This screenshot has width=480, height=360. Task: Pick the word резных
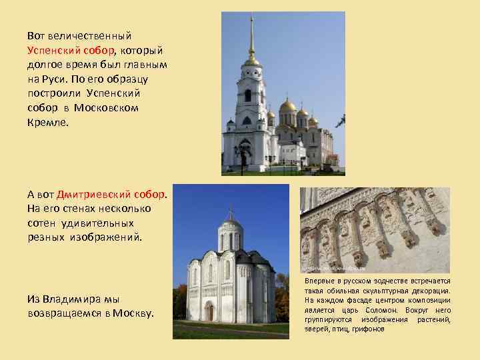click(45, 237)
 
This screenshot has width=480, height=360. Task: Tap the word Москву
click(133, 313)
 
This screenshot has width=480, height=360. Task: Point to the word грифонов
click(367, 329)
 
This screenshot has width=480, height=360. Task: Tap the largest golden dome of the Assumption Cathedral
click(288, 106)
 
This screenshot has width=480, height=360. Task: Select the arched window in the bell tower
click(248, 95)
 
